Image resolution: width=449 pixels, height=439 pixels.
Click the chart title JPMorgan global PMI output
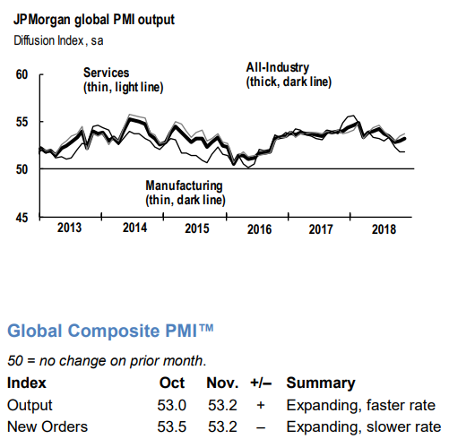[x=94, y=20]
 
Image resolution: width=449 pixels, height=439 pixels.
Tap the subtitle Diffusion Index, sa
[x=58, y=40]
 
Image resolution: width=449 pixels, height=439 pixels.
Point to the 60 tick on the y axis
[x=22, y=74]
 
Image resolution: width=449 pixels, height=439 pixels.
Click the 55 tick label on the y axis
[x=22, y=122]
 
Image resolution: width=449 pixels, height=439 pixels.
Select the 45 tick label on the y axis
[x=22, y=218]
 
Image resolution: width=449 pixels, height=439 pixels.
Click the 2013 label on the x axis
[x=69, y=228]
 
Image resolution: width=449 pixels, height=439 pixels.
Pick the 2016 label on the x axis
[x=259, y=229]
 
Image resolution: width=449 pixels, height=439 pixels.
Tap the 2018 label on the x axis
[x=384, y=229]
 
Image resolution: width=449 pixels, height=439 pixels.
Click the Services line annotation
[x=123, y=80]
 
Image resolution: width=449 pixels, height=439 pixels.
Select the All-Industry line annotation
[x=289, y=74]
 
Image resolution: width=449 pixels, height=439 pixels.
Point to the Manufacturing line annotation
[x=186, y=193]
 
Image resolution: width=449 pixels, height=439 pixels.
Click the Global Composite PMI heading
[x=110, y=331]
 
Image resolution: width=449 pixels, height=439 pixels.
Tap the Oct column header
[x=172, y=383]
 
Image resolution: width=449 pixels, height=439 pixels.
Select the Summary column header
[x=321, y=383]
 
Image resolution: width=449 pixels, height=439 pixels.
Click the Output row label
[x=30, y=405]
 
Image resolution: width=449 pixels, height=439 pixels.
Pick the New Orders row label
[x=47, y=426]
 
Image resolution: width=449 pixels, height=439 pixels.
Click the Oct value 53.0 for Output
[x=172, y=405]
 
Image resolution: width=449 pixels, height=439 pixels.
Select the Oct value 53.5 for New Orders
[x=172, y=426]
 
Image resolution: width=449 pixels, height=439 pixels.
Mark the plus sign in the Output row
[x=261, y=405]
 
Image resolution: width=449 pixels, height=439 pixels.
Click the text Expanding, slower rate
[x=364, y=427]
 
